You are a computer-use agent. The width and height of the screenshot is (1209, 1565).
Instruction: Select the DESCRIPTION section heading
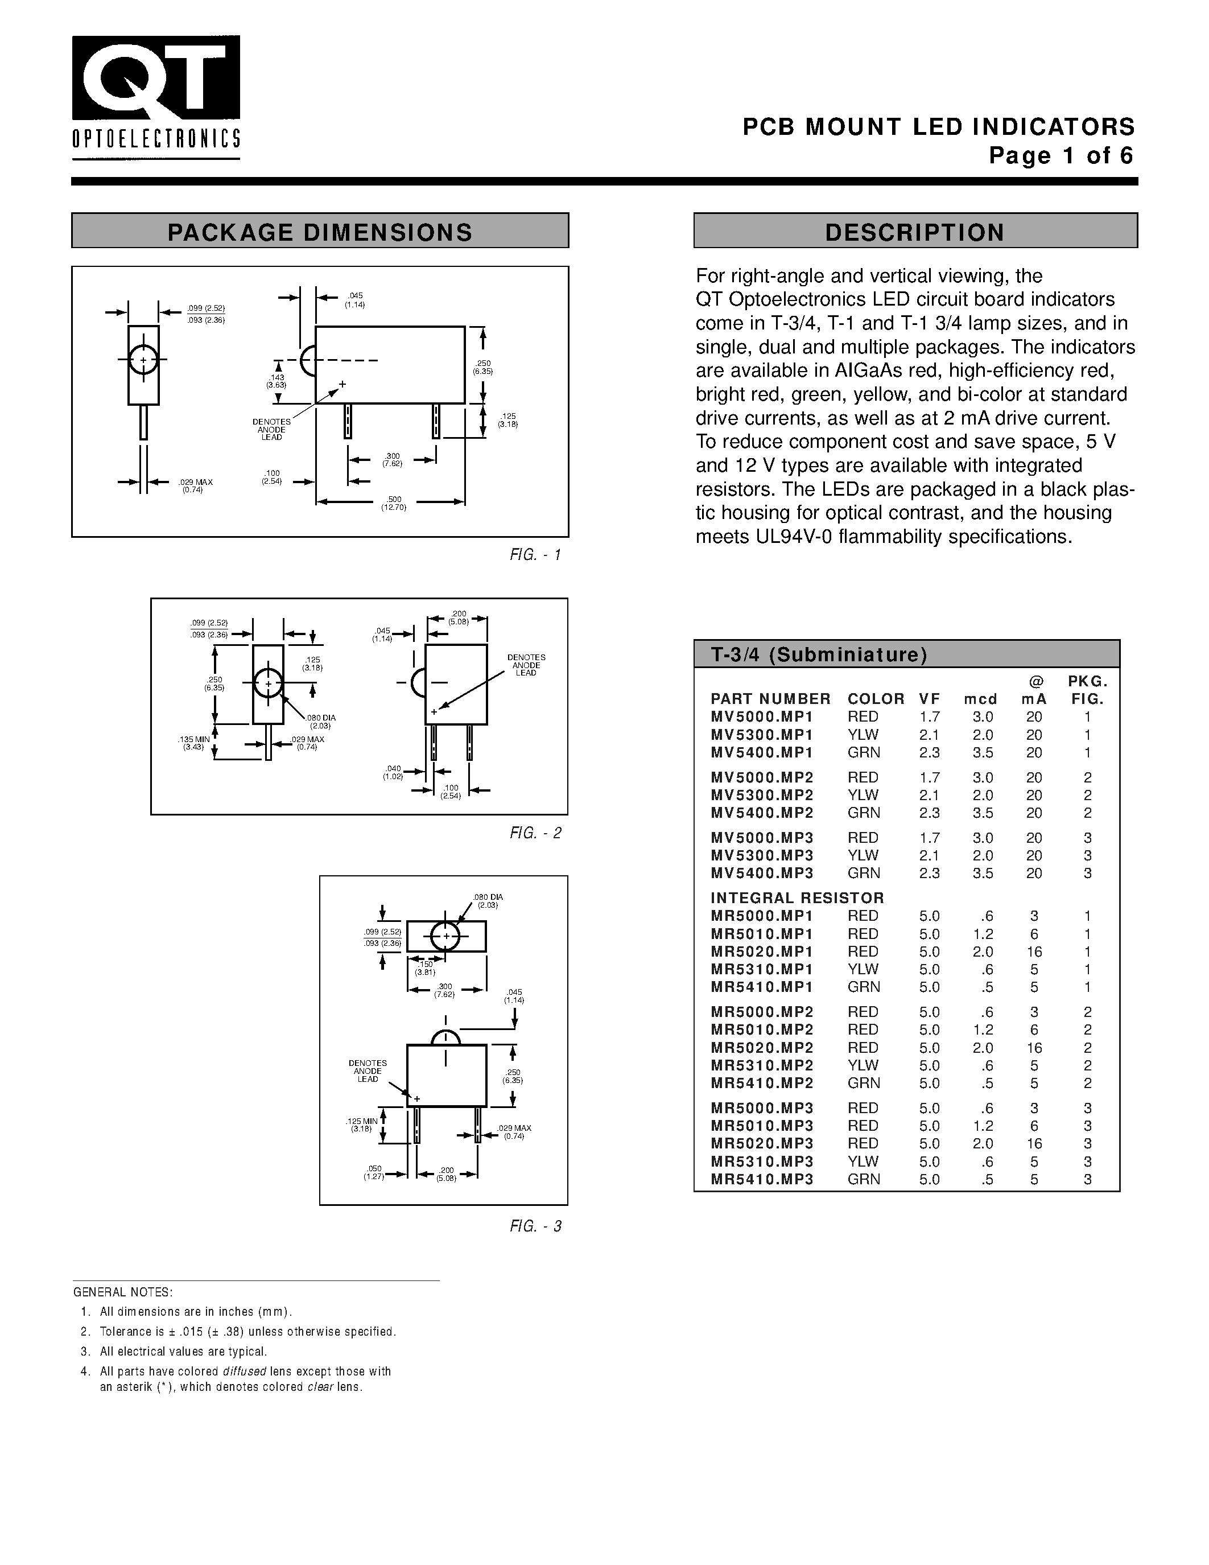pos(915,232)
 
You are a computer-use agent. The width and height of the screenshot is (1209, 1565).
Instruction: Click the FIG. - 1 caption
pos(535,555)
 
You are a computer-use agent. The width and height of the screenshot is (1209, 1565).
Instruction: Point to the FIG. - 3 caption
pos(535,1226)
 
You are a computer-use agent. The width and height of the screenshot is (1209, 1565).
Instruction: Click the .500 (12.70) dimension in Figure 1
pos(394,503)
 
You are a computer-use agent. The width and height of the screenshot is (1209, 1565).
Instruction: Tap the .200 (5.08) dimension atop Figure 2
pos(459,617)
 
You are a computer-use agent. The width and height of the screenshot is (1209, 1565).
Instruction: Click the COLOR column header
pos(875,699)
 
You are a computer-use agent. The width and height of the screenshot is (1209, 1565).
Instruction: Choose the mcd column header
pos(980,699)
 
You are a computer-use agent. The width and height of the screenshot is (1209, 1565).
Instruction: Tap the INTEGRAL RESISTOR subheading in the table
pos(797,898)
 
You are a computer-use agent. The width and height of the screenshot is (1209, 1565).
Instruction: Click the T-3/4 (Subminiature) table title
pos(819,654)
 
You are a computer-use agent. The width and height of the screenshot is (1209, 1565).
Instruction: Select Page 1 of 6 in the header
pos(1062,155)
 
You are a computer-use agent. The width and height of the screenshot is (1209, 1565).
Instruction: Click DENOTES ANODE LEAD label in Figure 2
pos(526,665)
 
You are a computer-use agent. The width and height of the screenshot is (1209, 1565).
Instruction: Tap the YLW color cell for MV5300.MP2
pos(863,794)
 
